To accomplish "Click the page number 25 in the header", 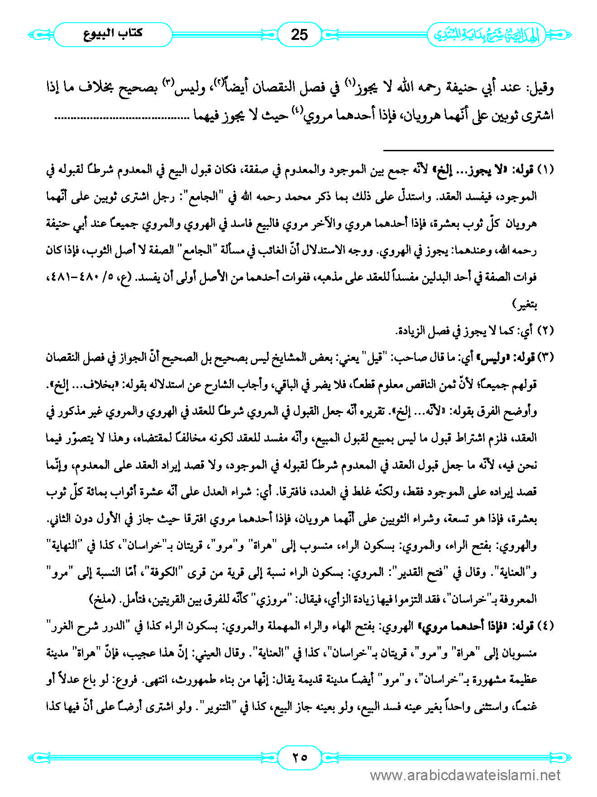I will click(x=299, y=35).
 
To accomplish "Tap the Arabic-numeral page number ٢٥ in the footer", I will click(x=299, y=757).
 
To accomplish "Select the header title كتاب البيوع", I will click(x=113, y=34).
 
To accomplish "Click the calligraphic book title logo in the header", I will click(x=487, y=35).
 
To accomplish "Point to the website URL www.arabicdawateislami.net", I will click(x=465, y=776).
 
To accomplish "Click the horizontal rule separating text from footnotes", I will click(x=468, y=150).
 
